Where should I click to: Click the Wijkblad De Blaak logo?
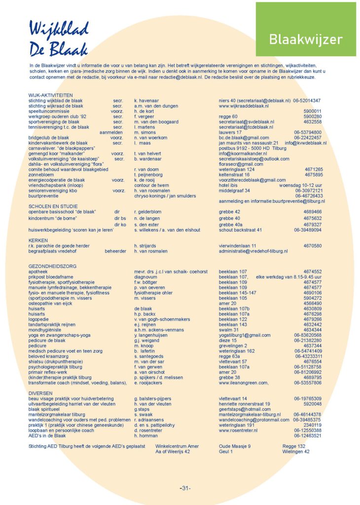click(x=58, y=38)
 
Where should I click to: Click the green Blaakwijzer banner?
click(x=305, y=39)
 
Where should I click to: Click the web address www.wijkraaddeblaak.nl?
click(x=244, y=106)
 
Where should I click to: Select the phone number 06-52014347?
click(x=307, y=100)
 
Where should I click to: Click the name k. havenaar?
click(x=148, y=100)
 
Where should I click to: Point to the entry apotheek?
click(x=38, y=272)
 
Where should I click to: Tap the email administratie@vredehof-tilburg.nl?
click(x=253, y=251)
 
